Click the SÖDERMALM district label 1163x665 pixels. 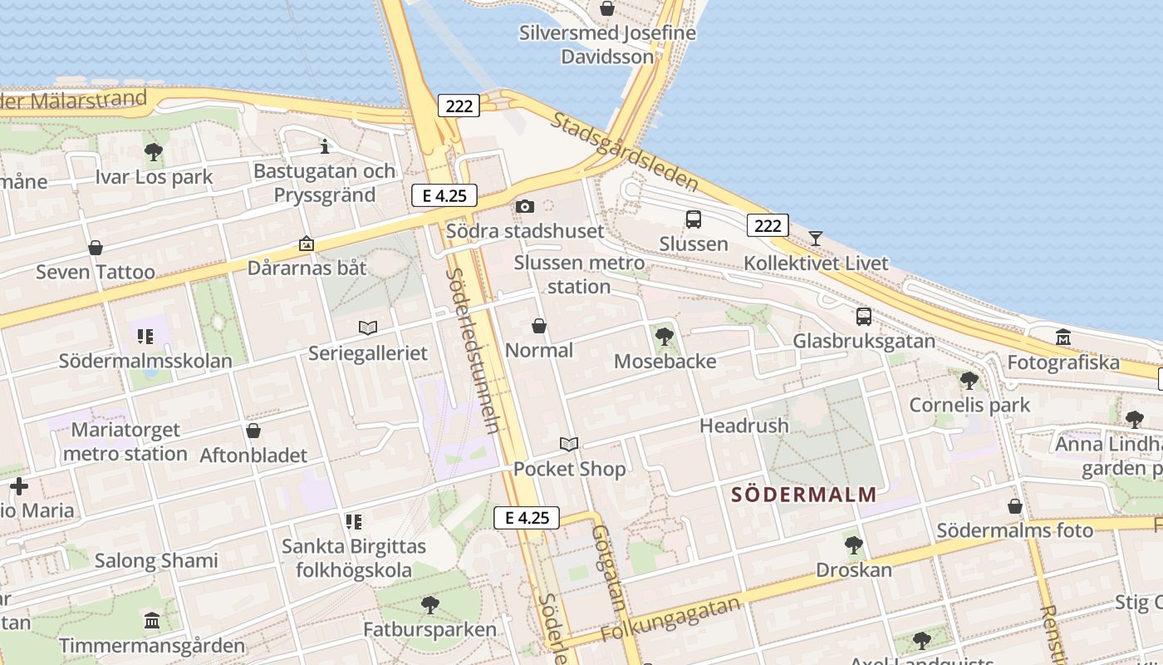coord(803,495)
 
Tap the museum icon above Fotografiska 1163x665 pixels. coord(1063,337)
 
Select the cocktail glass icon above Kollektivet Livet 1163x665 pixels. coord(816,239)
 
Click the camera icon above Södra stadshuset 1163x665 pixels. coord(524,206)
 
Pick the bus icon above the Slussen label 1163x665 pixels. coord(694,219)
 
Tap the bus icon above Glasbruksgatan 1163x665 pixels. coord(864,317)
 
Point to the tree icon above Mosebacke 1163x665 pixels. coord(664,337)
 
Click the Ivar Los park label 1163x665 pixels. coord(154,177)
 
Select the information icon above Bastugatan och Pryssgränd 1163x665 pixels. coord(325,147)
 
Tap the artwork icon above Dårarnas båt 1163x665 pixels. coord(307,244)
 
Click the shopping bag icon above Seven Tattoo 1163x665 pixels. coord(96,248)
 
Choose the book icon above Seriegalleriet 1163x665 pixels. coord(368,328)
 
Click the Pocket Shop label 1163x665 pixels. coord(569,469)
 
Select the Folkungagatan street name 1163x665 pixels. coord(670,620)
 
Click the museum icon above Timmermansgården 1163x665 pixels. coord(152,621)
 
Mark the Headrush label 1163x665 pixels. coord(743,426)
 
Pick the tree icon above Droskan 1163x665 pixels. coord(853,545)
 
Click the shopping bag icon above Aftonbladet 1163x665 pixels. coord(253,431)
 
